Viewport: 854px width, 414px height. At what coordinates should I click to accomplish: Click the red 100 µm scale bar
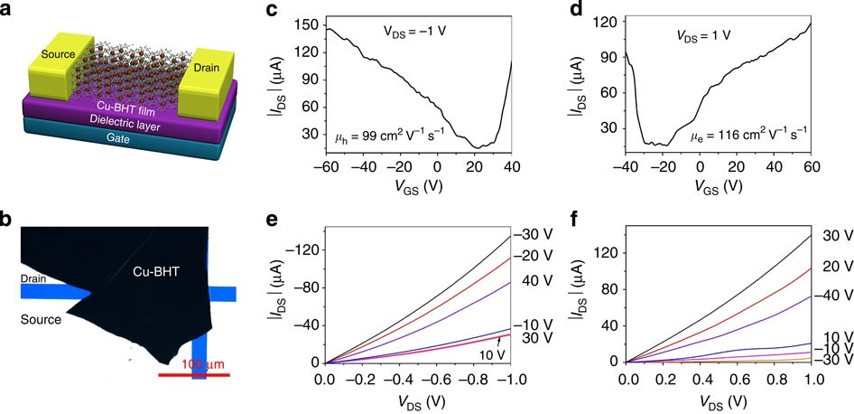pos(193,372)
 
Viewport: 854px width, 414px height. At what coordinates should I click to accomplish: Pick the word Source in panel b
pos(42,319)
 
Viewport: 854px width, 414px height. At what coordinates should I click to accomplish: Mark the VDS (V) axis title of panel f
pos(719,399)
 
